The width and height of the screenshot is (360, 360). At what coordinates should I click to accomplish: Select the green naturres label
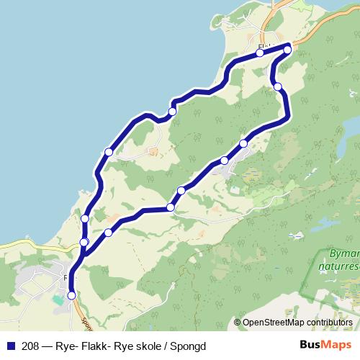[x=339, y=265]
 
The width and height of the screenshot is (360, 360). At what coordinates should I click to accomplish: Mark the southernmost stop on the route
[x=71, y=294]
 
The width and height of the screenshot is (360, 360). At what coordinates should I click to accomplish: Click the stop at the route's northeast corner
[x=287, y=50]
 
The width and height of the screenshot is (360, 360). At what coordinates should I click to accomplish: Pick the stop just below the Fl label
[x=259, y=53]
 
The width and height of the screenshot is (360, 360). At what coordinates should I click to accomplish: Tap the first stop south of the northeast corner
[x=278, y=87]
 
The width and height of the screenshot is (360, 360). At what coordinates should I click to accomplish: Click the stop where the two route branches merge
[x=84, y=242]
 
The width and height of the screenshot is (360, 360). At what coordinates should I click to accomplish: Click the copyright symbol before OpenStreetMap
[x=238, y=323]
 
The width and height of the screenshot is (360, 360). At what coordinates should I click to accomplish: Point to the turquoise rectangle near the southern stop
[x=58, y=298]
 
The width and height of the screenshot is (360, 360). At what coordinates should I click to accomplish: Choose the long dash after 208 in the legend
[x=46, y=346]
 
